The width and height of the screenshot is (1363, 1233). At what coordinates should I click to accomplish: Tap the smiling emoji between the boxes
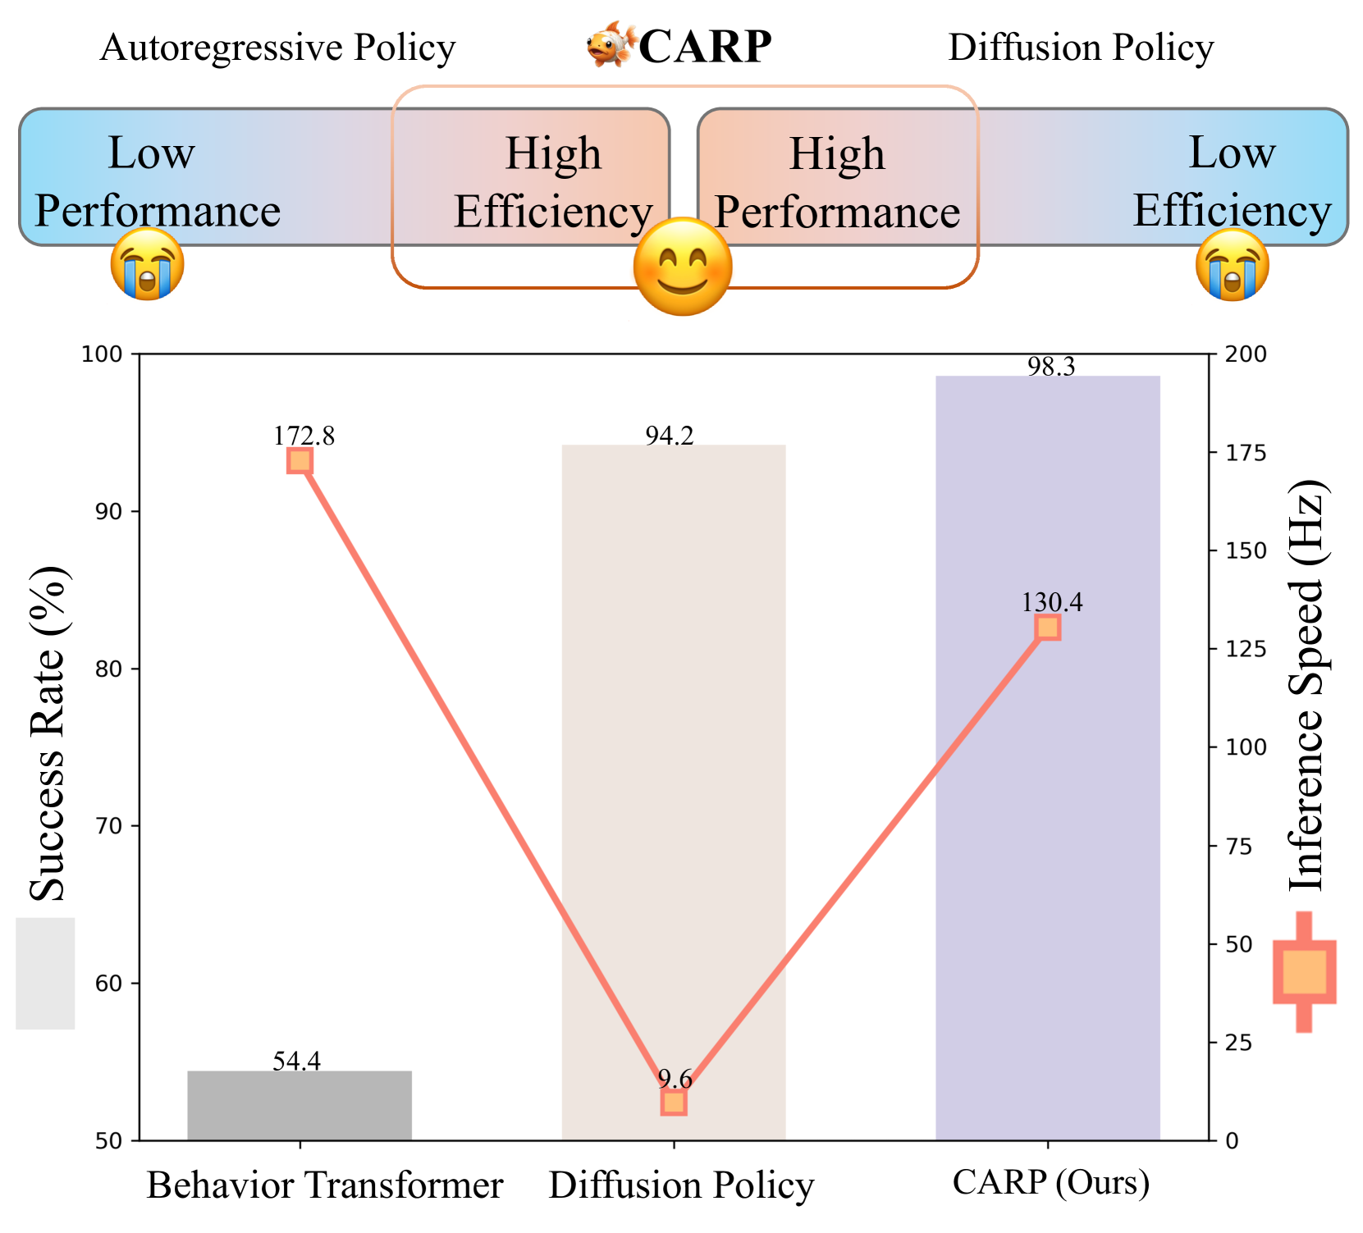tap(682, 267)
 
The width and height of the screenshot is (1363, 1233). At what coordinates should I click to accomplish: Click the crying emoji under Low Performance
tap(148, 263)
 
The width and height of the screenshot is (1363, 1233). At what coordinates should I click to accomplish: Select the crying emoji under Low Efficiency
tap(1232, 264)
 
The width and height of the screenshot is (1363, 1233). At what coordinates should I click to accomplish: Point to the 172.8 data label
tap(304, 436)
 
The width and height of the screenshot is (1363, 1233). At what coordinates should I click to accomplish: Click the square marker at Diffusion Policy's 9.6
tap(673, 1103)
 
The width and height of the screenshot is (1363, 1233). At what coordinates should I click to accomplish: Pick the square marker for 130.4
tap(1048, 628)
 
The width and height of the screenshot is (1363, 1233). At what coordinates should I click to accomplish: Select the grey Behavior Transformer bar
tap(300, 1105)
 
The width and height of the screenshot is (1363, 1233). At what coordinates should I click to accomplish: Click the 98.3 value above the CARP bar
tap(1051, 367)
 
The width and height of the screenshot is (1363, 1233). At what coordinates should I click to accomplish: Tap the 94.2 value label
tap(670, 436)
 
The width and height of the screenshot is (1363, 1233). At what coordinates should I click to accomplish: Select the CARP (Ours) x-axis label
tap(1051, 1183)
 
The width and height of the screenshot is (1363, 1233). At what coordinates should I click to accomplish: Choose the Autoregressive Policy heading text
tap(277, 48)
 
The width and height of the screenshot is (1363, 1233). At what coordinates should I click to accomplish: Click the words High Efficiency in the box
tap(553, 182)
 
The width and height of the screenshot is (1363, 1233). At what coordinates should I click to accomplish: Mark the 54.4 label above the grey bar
tap(296, 1062)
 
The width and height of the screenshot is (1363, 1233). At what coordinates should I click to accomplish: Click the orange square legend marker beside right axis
tap(1304, 971)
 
